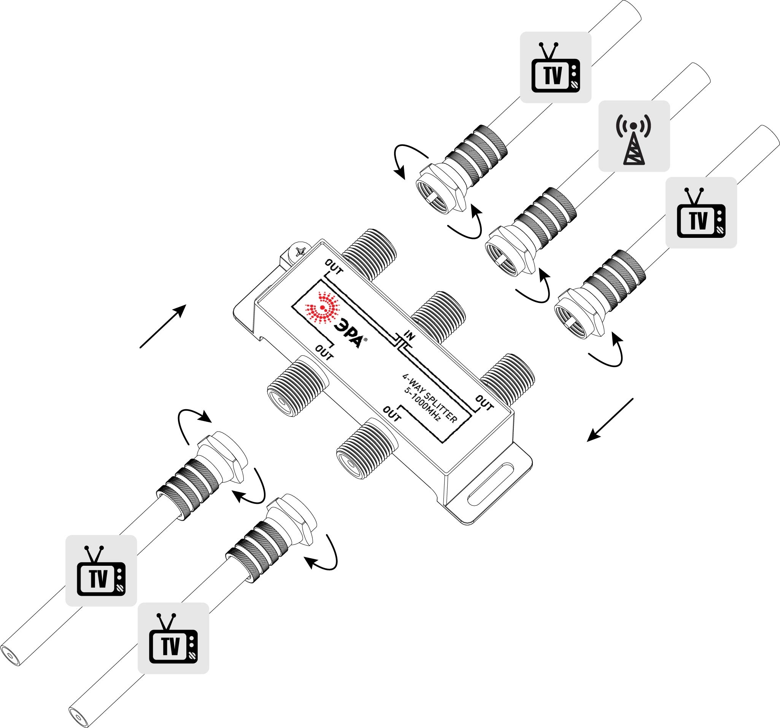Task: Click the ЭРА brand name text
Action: [348, 334]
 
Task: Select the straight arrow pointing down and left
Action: [610, 420]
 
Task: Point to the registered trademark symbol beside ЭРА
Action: [366, 340]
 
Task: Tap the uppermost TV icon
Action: [555, 67]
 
